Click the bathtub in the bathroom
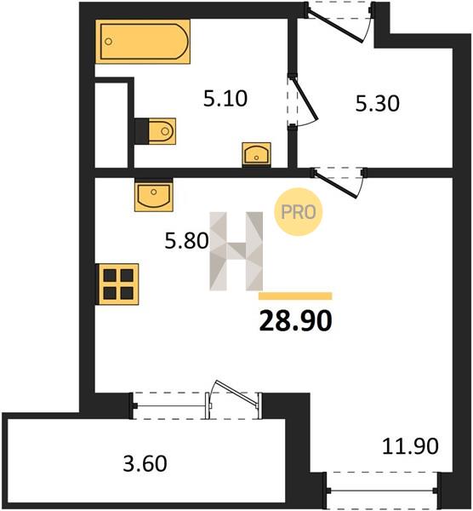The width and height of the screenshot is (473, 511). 143,42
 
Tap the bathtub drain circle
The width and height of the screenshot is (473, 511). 109,42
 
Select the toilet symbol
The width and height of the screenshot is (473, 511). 156,131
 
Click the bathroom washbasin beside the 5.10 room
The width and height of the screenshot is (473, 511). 257,154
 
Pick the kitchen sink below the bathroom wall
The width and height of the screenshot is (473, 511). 154,195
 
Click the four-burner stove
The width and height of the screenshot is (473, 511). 117,284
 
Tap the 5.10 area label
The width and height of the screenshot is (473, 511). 225,99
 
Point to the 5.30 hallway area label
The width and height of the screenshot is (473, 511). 377,104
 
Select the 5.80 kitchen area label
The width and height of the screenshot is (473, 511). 186,241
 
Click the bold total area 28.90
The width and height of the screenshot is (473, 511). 295,321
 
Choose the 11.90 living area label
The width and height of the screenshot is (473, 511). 410,445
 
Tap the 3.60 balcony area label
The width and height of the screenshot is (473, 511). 145,463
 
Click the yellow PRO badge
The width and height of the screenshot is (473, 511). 299,212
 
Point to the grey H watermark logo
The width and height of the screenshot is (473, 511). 236,251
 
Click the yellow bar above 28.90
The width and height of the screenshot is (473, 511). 295,296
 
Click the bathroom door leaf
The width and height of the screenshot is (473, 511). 304,97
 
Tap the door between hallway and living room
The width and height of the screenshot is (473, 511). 339,182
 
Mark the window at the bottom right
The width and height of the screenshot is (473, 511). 383,490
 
